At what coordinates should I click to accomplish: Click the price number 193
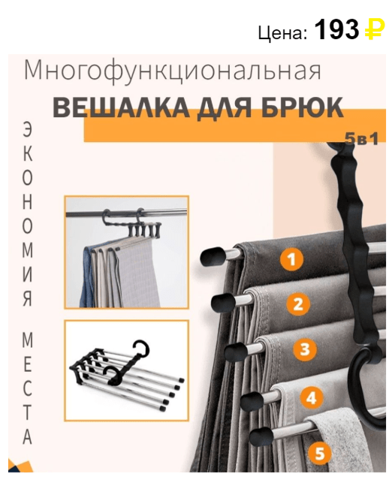coord(337,30)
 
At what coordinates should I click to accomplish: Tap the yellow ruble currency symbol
coord(375,31)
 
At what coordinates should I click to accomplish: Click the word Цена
coord(282,32)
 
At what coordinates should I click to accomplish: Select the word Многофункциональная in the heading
coord(173,71)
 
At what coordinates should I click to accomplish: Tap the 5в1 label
coord(361,140)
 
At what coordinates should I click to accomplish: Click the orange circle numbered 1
coord(291,260)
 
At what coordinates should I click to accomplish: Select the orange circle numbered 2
coord(298,304)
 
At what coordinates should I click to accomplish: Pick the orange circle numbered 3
coord(304,349)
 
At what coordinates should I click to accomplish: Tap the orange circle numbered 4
coord(311,397)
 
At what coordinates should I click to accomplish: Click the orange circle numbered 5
coord(319,452)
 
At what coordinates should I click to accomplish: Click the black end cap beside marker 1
coord(213,256)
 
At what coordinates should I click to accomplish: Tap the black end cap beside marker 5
coord(261,436)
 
